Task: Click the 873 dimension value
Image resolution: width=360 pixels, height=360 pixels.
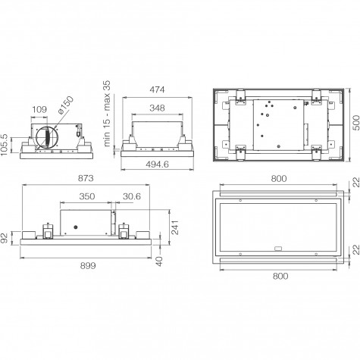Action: [x=86, y=178]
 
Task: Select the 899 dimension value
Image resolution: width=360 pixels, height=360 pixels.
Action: [x=88, y=265]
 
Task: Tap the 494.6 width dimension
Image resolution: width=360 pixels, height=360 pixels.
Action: [x=157, y=164]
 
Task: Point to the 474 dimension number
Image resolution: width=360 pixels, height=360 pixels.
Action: [x=157, y=89]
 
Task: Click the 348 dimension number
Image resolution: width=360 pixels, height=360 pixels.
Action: [x=157, y=108]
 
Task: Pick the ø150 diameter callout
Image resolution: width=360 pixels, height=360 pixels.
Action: [x=65, y=105]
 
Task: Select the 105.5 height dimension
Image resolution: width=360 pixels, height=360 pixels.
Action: [x=5, y=146]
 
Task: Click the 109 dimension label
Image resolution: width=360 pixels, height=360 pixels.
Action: [x=39, y=109]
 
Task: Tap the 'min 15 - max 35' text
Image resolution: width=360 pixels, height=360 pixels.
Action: [x=107, y=113]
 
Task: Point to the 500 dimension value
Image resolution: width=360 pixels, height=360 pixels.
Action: [x=356, y=123]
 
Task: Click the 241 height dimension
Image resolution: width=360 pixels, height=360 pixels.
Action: [x=175, y=227]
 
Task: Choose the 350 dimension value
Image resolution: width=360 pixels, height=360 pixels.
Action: [x=87, y=196]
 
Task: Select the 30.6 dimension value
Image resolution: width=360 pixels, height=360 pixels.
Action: [x=132, y=196]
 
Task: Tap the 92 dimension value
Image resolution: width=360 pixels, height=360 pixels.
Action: [x=5, y=238]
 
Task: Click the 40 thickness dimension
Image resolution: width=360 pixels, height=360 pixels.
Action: [x=159, y=261]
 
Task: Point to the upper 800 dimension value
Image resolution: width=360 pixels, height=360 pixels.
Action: [x=279, y=179]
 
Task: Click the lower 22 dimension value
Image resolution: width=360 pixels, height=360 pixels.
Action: [x=356, y=249]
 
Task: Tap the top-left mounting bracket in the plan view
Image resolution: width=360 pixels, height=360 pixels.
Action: [x=241, y=97]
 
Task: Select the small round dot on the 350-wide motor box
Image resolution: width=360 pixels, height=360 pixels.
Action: [x=76, y=227]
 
